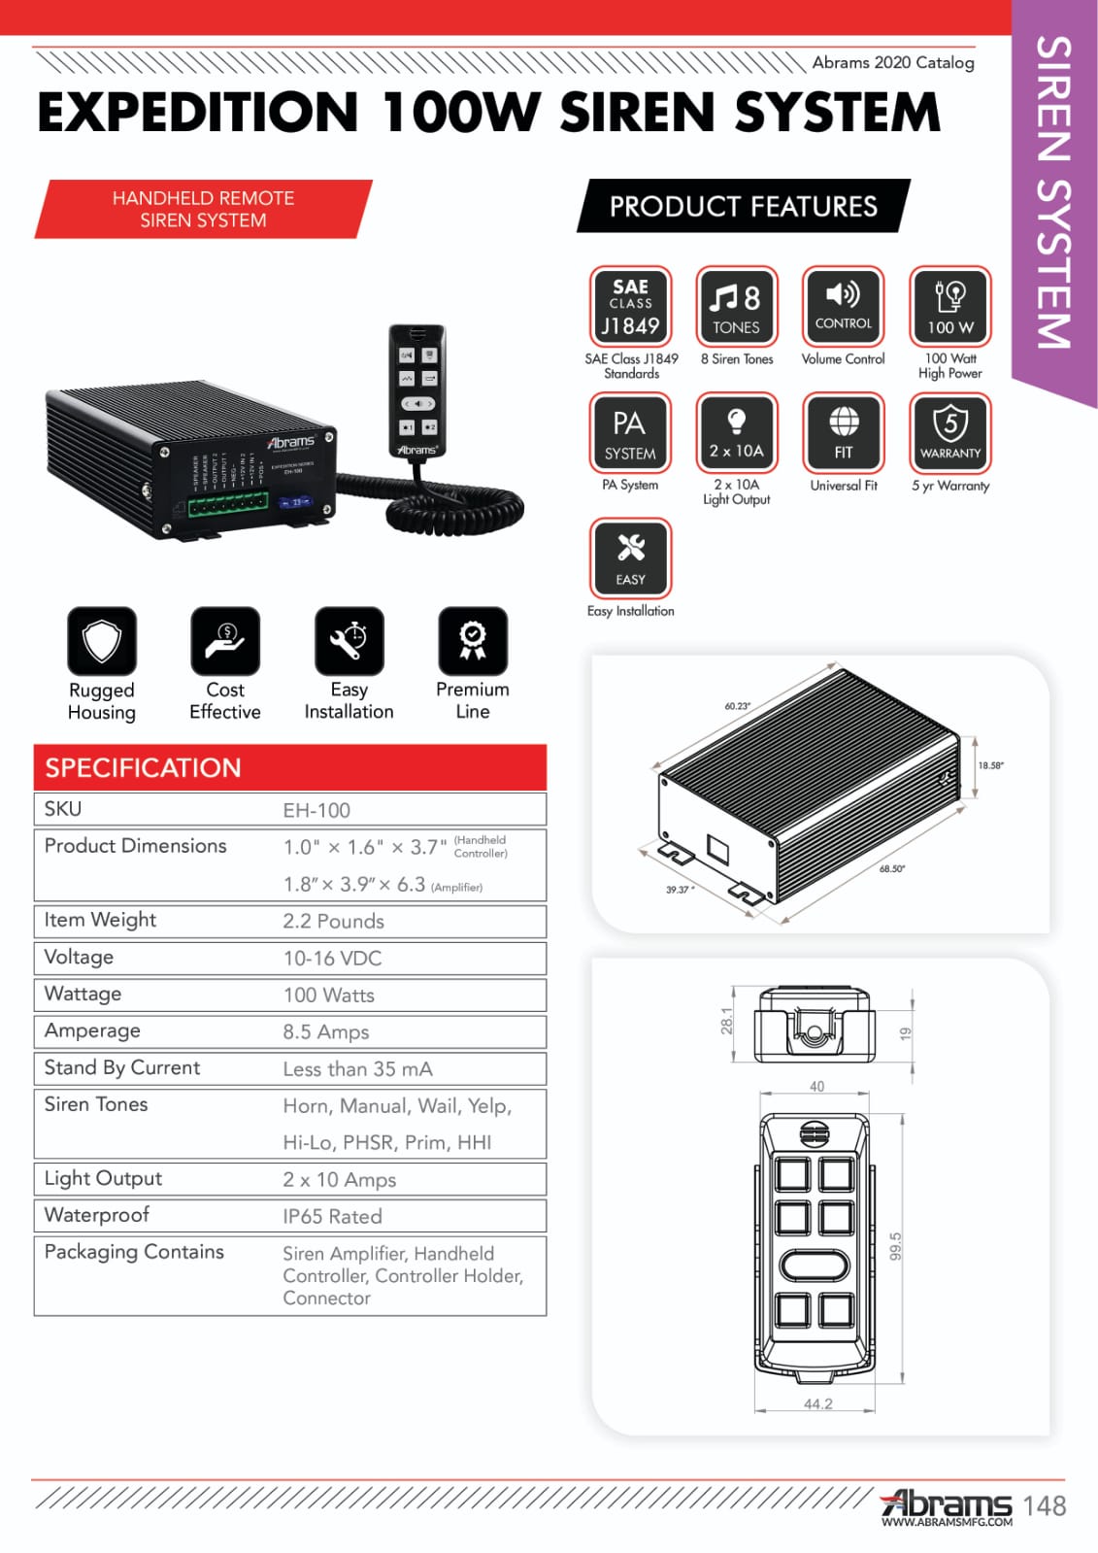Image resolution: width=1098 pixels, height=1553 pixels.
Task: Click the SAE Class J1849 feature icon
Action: pyautogui.click(x=630, y=306)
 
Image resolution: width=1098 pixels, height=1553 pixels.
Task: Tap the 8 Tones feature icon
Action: pyautogui.click(x=737, y=306)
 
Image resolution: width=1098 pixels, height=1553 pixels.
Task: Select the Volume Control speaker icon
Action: pyautogui.click(x=843, y=306)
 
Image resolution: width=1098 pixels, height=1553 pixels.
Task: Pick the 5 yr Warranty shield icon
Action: pyautogui.click(x=950, y=431)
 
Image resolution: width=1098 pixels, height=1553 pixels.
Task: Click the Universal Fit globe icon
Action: pyautogui.click(x=843, y=431)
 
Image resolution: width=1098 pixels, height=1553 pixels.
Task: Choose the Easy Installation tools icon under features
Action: pyautogui.click(x=630, y=557)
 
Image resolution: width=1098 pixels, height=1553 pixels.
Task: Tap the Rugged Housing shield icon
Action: pyautogui.click(x=102, y=641)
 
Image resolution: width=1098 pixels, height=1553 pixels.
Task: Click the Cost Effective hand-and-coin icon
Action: pyautogui.click(x=225, y=641)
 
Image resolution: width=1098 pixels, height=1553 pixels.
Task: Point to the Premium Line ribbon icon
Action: pyautogui.click(x=473, y=641)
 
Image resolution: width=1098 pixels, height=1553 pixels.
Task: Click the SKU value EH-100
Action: pyautogui.click(x=316, y=810)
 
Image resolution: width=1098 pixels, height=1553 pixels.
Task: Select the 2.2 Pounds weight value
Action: pyautogui.click(x=333, y=921)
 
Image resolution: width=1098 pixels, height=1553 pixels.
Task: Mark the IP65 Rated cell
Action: pyautogui.click(x=332, y=1216)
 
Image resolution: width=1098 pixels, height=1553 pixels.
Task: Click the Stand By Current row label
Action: pyautogui.click(x=122, y=1067)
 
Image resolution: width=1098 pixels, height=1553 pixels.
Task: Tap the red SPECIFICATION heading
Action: pyautogui.click(x=143, y=767)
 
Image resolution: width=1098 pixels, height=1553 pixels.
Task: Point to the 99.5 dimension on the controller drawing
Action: pyautogui.click(x=895, y=1246)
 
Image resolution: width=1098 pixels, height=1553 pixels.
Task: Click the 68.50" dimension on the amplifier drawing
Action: pyautogui.click(x=891, y=868)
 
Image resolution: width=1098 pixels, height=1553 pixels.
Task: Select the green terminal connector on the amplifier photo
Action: pyautogui.click(x=228, y=505)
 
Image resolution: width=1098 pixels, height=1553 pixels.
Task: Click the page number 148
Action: pyautogui.click(x=1044, y=1505)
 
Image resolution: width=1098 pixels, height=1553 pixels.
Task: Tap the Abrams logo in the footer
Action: pyautogui.click(x=946, y=1505)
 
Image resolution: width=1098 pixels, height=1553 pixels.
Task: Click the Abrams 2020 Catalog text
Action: pyautogui.click(x=892, y=62)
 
